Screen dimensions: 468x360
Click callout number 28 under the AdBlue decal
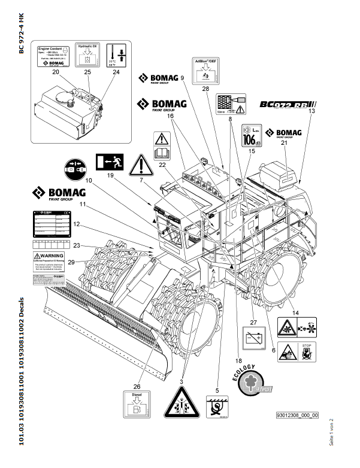point(205,89)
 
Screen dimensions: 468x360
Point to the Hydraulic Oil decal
point(87,54)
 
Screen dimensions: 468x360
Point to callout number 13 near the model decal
point(311,111)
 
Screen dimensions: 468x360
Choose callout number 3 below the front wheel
point(182,381)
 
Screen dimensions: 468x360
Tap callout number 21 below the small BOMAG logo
point(284,144)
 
